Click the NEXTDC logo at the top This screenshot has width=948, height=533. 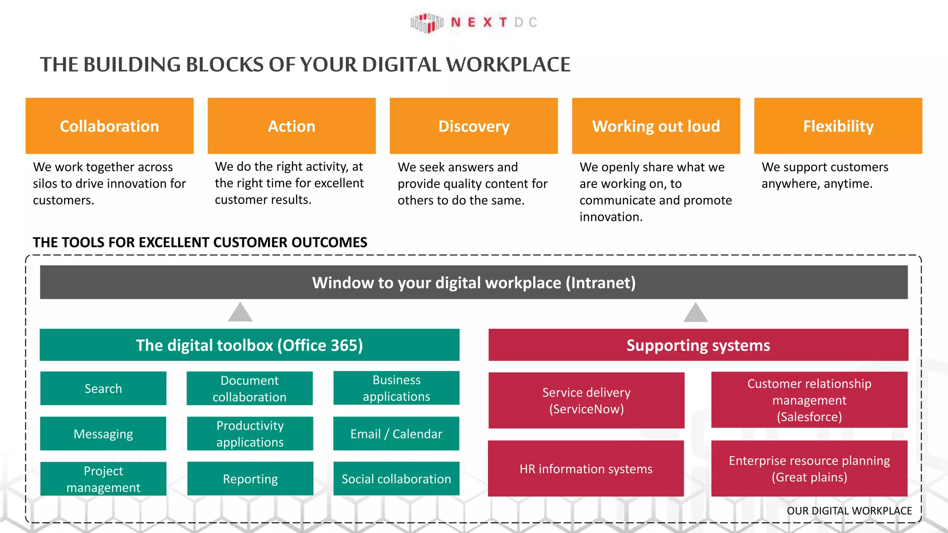click(473, 23)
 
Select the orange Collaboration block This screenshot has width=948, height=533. click(109, 126)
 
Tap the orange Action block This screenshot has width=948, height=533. click(292, 126)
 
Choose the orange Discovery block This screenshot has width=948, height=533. click(474, 126)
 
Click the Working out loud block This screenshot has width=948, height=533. click(656, 126)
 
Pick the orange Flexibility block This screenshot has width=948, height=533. click(838, 126)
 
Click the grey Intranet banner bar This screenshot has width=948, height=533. click(474, 282)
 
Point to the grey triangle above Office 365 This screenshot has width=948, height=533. click(240, 313)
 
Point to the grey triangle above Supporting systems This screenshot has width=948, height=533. click(695, 313)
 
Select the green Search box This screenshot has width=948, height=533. click(103, 389)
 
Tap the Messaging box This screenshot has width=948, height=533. click(103, 434)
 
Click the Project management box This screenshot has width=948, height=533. click(103, 479)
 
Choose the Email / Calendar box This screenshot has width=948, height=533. click(396, 434)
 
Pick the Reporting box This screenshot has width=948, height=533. click(250, 479)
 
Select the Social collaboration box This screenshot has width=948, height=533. click(396, 479)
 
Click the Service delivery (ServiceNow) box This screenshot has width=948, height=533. click(586, 400)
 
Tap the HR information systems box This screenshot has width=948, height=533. click(586, 469)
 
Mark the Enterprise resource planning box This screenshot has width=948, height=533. click(809, 469)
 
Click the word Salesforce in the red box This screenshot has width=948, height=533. click(809, 417)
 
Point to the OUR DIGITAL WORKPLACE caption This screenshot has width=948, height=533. click(849, 511)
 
